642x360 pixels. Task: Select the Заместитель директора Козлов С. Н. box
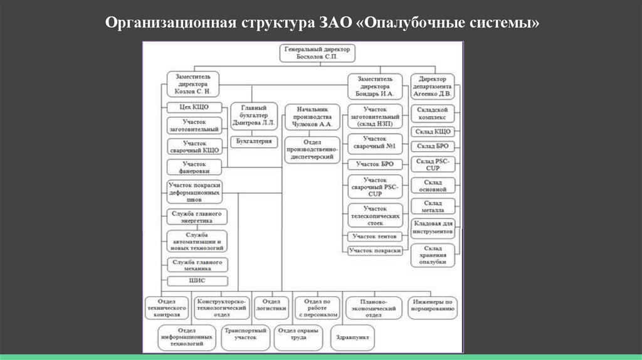[x=193, y=83]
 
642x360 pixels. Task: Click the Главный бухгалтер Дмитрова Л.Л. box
[x=253, y=117]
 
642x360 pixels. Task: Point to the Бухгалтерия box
[x=253, y=142]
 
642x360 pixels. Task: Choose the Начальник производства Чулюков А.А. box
[x=312, y=117]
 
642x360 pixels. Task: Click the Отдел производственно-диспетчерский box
[x=312, y=150]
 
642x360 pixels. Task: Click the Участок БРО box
[x=375, y=164]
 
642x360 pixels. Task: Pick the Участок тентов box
[x=375, y=236]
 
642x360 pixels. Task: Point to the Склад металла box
[x=433, y=206]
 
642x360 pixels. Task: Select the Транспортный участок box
[x=245, y=333]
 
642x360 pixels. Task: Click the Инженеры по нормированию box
[x=433, y=305]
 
